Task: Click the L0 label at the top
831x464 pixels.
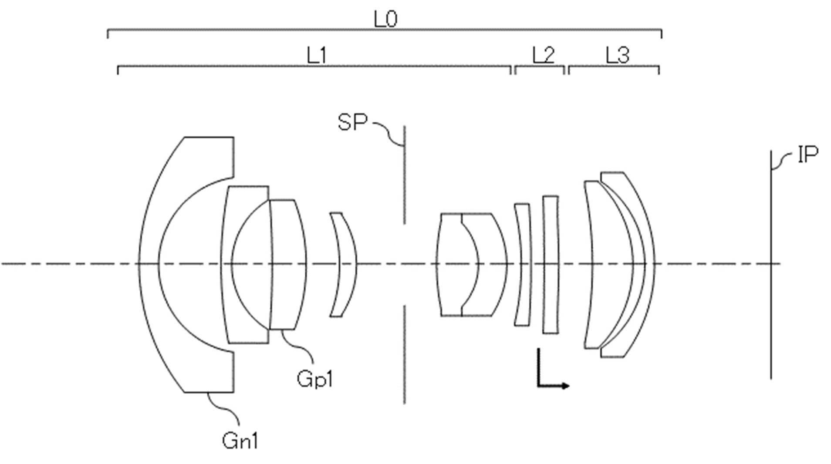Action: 385,19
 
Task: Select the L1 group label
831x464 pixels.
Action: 317,55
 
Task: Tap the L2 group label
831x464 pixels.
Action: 543,55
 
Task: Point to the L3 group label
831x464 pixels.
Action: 618,55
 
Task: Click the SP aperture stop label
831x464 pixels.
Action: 352,122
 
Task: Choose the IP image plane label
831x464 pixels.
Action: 807,155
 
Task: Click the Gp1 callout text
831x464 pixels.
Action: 314,379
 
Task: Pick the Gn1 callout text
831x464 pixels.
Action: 240,440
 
